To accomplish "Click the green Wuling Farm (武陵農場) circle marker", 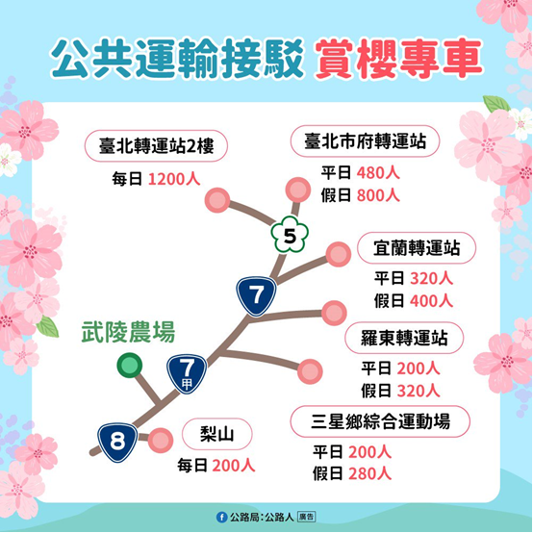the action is [x=130, y=366].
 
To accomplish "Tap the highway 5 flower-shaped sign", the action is [x=290, y=234].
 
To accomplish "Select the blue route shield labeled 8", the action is [x=117, y=443].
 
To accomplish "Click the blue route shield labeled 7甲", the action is [x=187, y=374].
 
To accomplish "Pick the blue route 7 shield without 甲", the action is [x=256, y=296].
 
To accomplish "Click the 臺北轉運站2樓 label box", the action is [x=156, y=146].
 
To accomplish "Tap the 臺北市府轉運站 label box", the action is [x=365, y=141].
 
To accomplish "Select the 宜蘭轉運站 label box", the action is [x=417, y=248].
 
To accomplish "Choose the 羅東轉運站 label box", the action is [x=404, y=338].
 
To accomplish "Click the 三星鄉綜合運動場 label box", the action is [x=380, y=421].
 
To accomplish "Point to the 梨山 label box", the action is [x=217, y=434].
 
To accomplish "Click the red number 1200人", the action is [x=174, y=179].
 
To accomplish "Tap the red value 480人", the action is [x=378, y=173].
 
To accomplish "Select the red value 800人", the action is [x=378, y=195].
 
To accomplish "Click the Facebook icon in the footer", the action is [x=221, y=518].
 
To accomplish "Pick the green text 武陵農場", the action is [x=128, y=332].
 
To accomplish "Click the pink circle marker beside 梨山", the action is [x=161, y=441].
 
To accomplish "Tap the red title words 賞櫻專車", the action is [x=398, y=59].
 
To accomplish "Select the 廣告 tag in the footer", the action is [x=306, y=517].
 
